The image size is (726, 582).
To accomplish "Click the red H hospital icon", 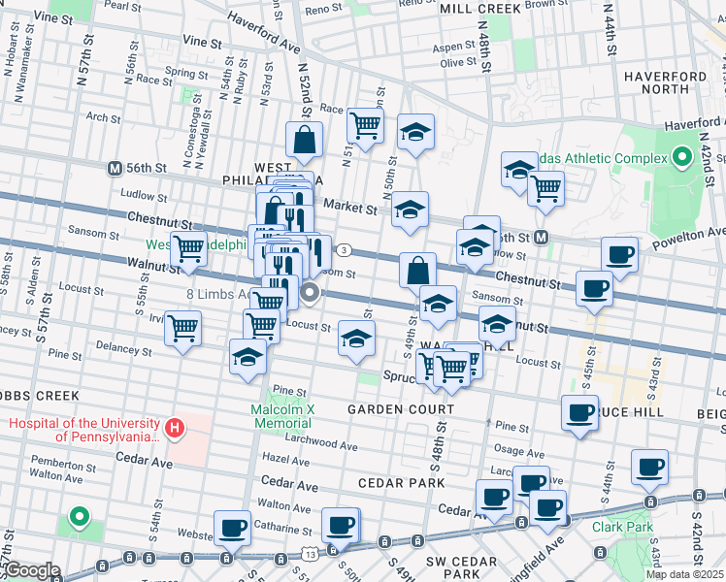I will click(175, 428).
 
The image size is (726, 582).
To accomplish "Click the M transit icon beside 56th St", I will click(115, 167).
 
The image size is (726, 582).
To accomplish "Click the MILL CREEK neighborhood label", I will click(480, 8).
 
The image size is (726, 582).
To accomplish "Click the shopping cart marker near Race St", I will click(365, 124).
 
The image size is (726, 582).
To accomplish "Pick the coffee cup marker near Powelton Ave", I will click(619, 255).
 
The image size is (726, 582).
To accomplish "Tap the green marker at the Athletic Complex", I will click(682, 156).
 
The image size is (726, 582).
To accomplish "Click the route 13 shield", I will click(309, 553).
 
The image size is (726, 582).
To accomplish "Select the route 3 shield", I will click(345, 250).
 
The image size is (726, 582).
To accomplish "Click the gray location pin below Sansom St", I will click(311, 291).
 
